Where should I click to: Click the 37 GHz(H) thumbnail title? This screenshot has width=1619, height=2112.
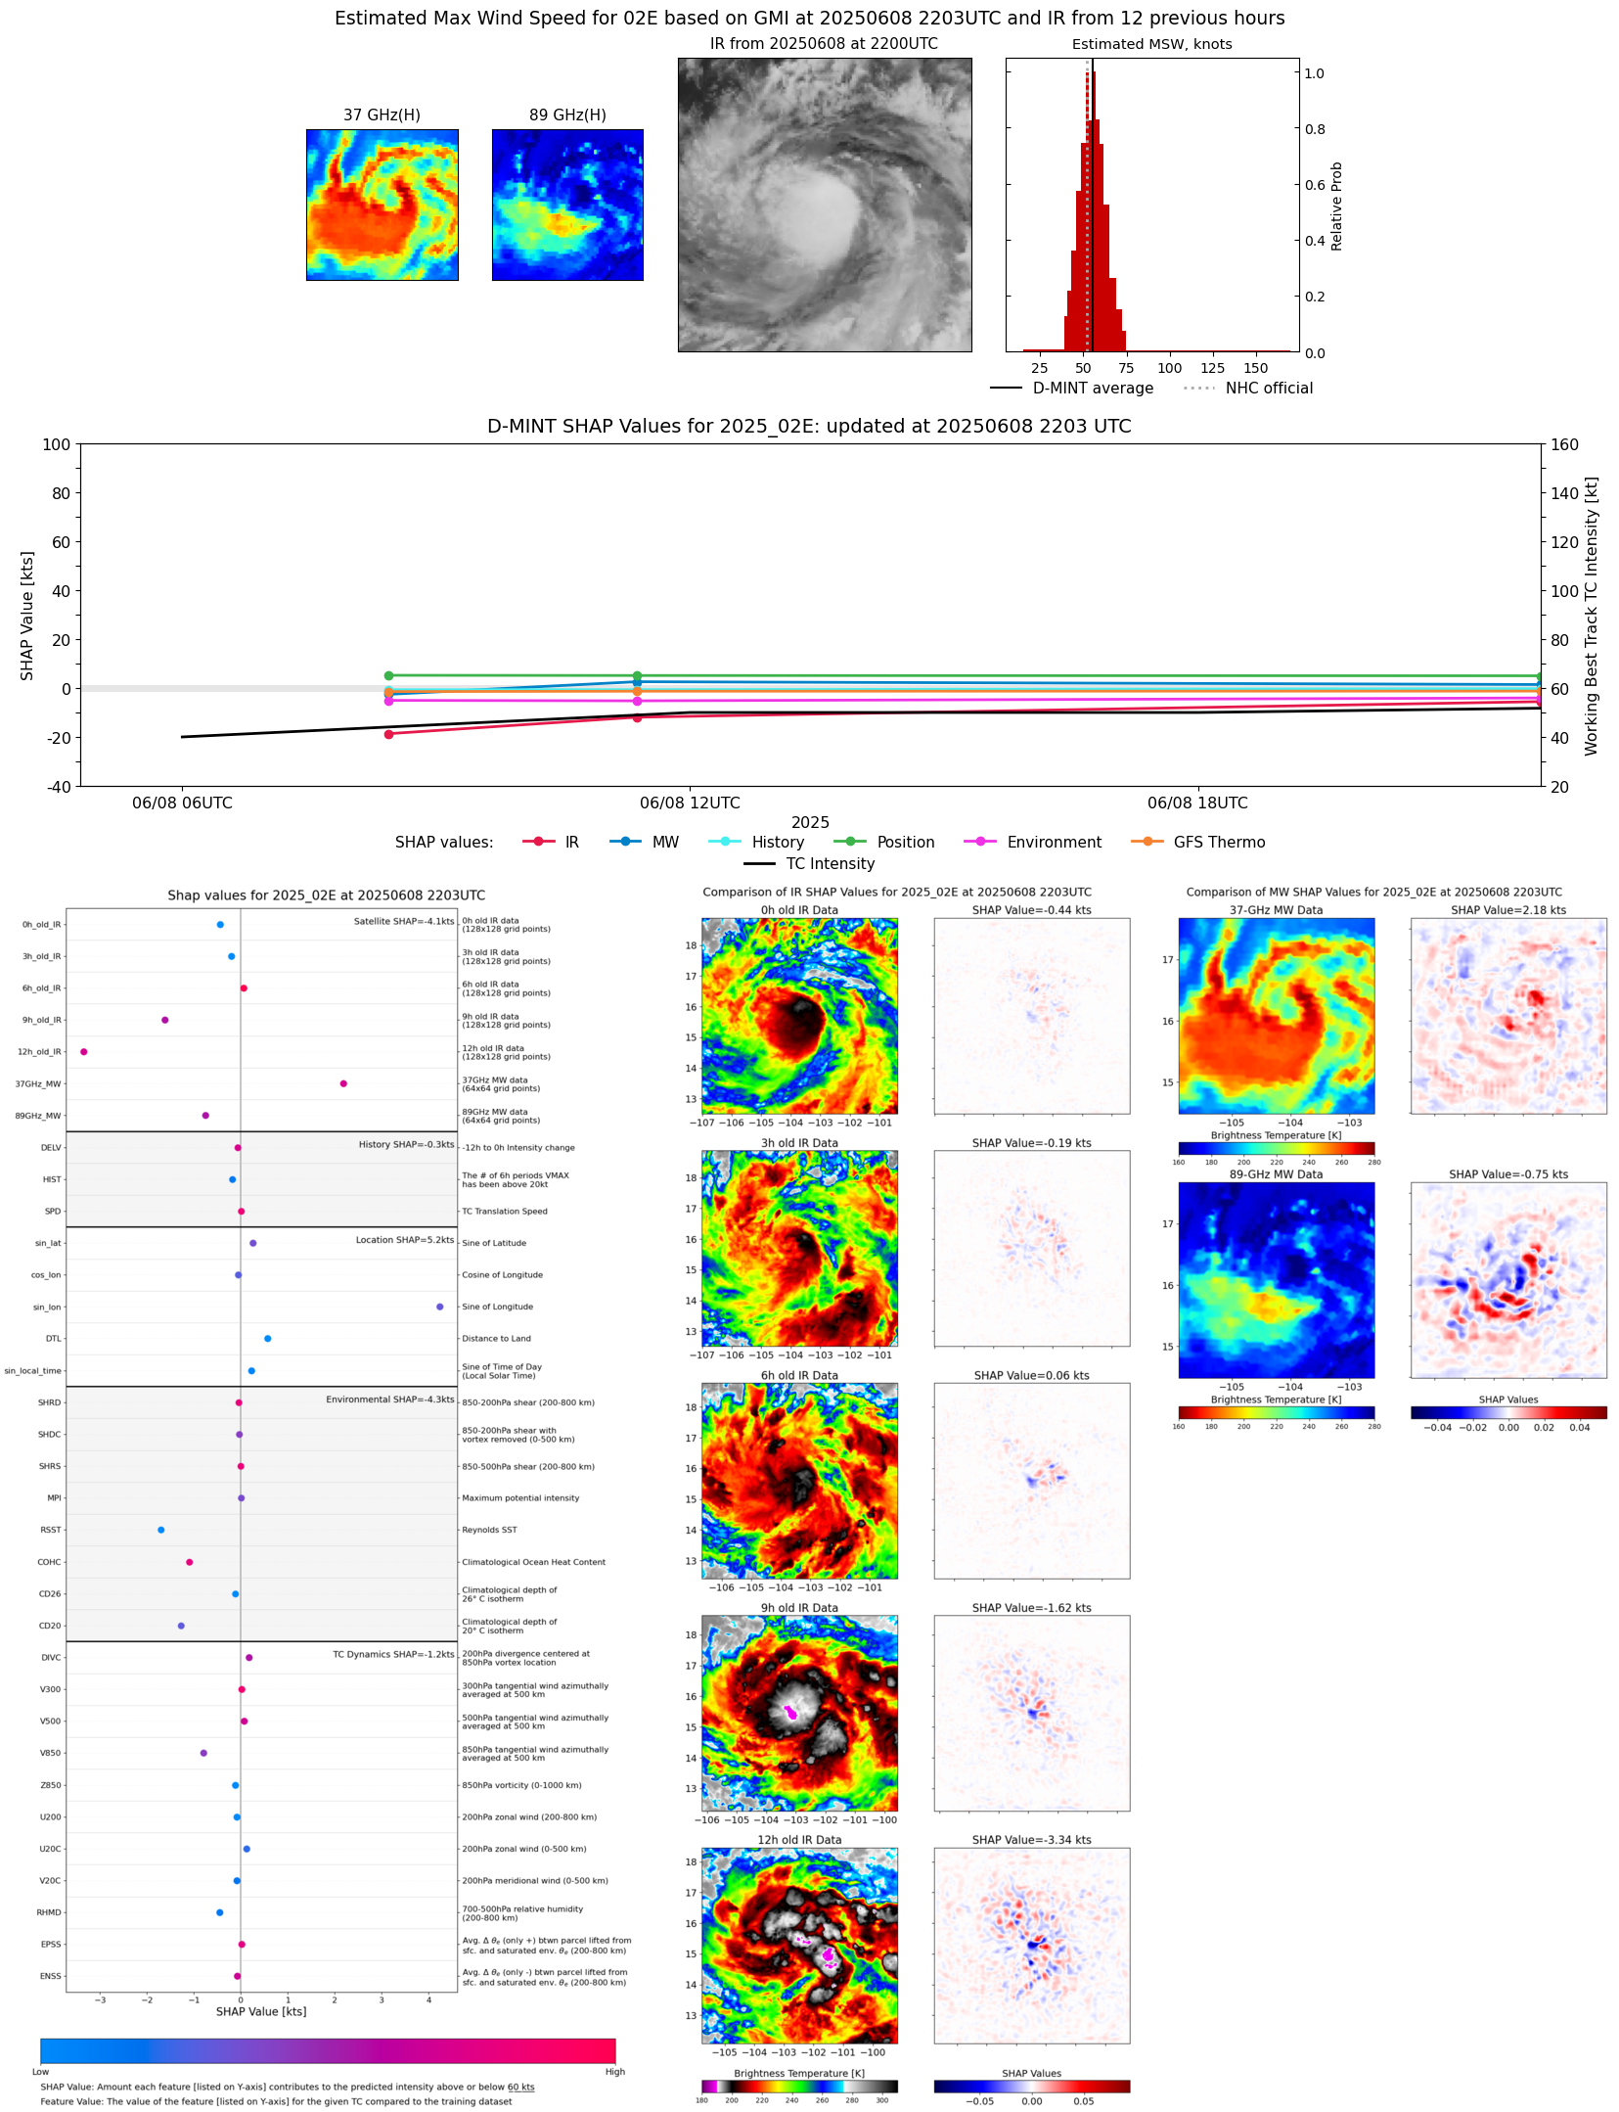coord(382,115)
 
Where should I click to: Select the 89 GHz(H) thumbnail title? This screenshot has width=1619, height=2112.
coord(567,115)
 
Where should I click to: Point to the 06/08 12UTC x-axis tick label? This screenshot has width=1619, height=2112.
coord(690,803)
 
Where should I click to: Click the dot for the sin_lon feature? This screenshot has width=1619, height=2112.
coord(440,1307)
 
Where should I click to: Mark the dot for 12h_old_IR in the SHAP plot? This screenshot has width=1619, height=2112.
coord(84,1052)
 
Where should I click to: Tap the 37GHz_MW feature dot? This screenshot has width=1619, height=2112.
coord(343,1083)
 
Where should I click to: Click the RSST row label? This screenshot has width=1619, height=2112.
coord(50,1530)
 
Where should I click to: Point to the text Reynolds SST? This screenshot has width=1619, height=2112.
coord(489,1530)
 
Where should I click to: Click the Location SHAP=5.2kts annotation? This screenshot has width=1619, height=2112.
coord(404,1240)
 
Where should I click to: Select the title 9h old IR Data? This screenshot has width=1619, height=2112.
coord(799,1608)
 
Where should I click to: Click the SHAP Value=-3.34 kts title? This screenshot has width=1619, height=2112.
coord(1031,1840)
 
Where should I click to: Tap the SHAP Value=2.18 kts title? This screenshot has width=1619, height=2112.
coord(1507,910)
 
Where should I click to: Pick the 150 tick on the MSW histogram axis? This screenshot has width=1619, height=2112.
coord(1255,369)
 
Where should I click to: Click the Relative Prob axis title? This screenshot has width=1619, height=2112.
coord(1336,207)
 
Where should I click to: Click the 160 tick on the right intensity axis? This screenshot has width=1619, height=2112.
coord(1564,444)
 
